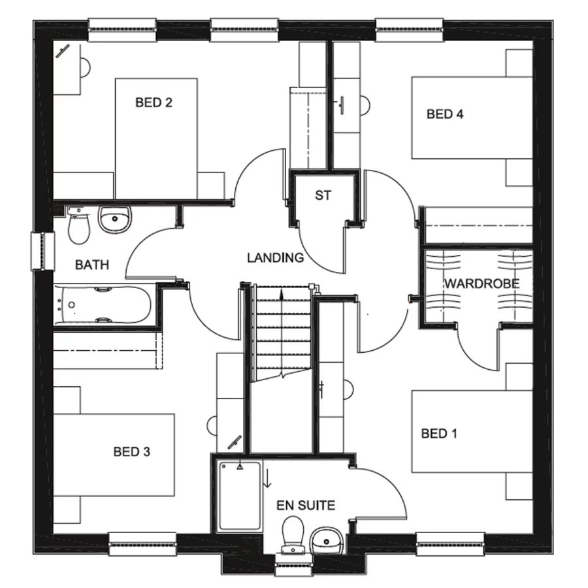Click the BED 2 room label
click(154, 103)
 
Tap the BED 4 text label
click(445, 114)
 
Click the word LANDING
click(275, 257)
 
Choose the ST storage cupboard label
click(323, 195)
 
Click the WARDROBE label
click(482, 284)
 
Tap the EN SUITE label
click(305, 505)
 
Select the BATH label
click(91, 265)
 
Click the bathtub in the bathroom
click(103, 304)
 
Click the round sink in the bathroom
click(114, 219)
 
